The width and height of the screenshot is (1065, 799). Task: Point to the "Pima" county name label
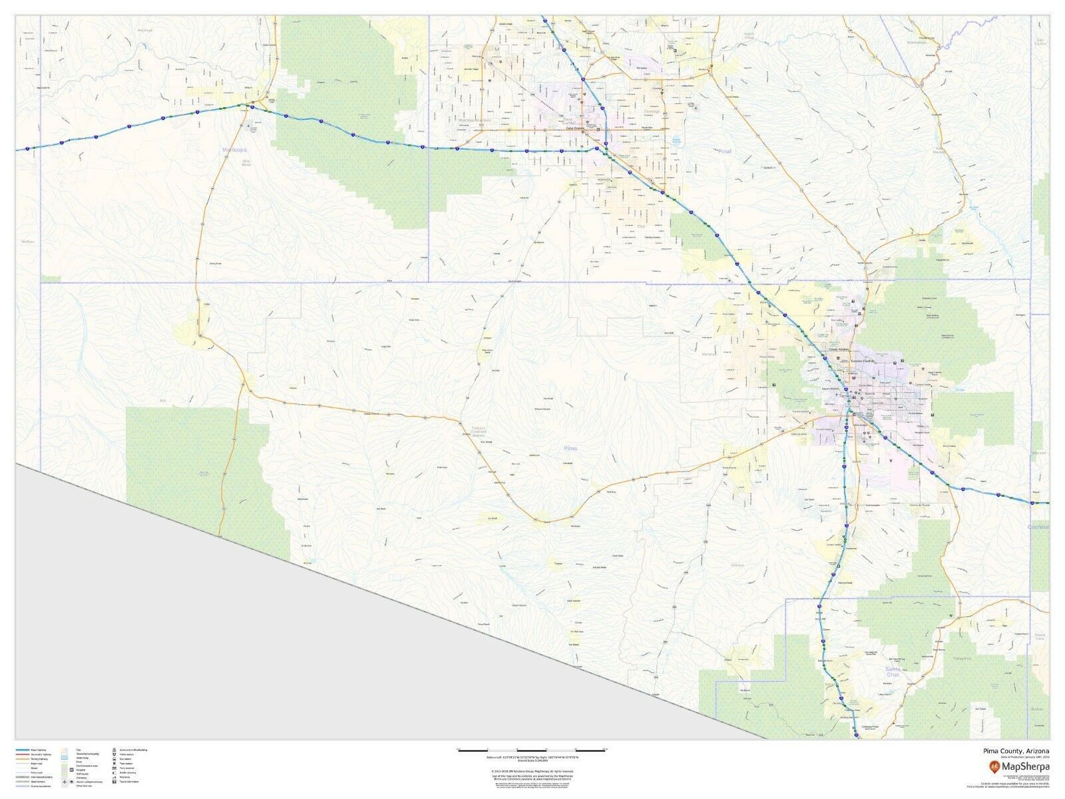(x=570, y=449)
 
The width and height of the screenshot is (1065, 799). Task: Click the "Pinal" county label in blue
(x=725, y=151)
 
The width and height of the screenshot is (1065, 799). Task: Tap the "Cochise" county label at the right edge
(x=1038, y=527)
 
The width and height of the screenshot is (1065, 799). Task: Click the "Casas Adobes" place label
(x=840, y=349)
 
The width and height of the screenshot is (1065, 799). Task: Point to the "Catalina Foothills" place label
(x=866, y=360)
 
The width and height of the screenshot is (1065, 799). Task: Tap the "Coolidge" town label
(x=651, y=111)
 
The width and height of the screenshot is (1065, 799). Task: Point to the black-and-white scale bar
(x=531, y=750)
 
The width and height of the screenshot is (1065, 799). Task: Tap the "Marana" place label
(x=708, y=354)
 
